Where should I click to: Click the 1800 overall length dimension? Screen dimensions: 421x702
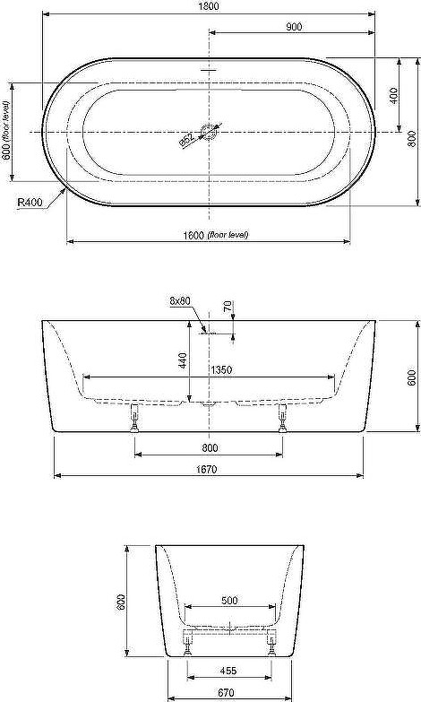(x=208, y=6)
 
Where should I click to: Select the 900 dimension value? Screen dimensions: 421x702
(x=294, y=27)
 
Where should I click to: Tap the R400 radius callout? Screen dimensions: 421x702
(x=30, y=203)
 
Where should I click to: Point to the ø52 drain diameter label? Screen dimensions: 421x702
(x=187, y=140)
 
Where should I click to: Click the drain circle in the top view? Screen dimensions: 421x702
(x=210, y=132)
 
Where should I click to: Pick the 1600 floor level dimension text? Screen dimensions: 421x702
(x=216, y=235)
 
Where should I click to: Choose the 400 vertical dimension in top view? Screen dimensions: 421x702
(x=394, y=95)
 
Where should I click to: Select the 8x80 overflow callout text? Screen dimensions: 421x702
(x=180, y=301)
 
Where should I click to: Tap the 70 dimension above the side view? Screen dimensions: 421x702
(x=228, y=307)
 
